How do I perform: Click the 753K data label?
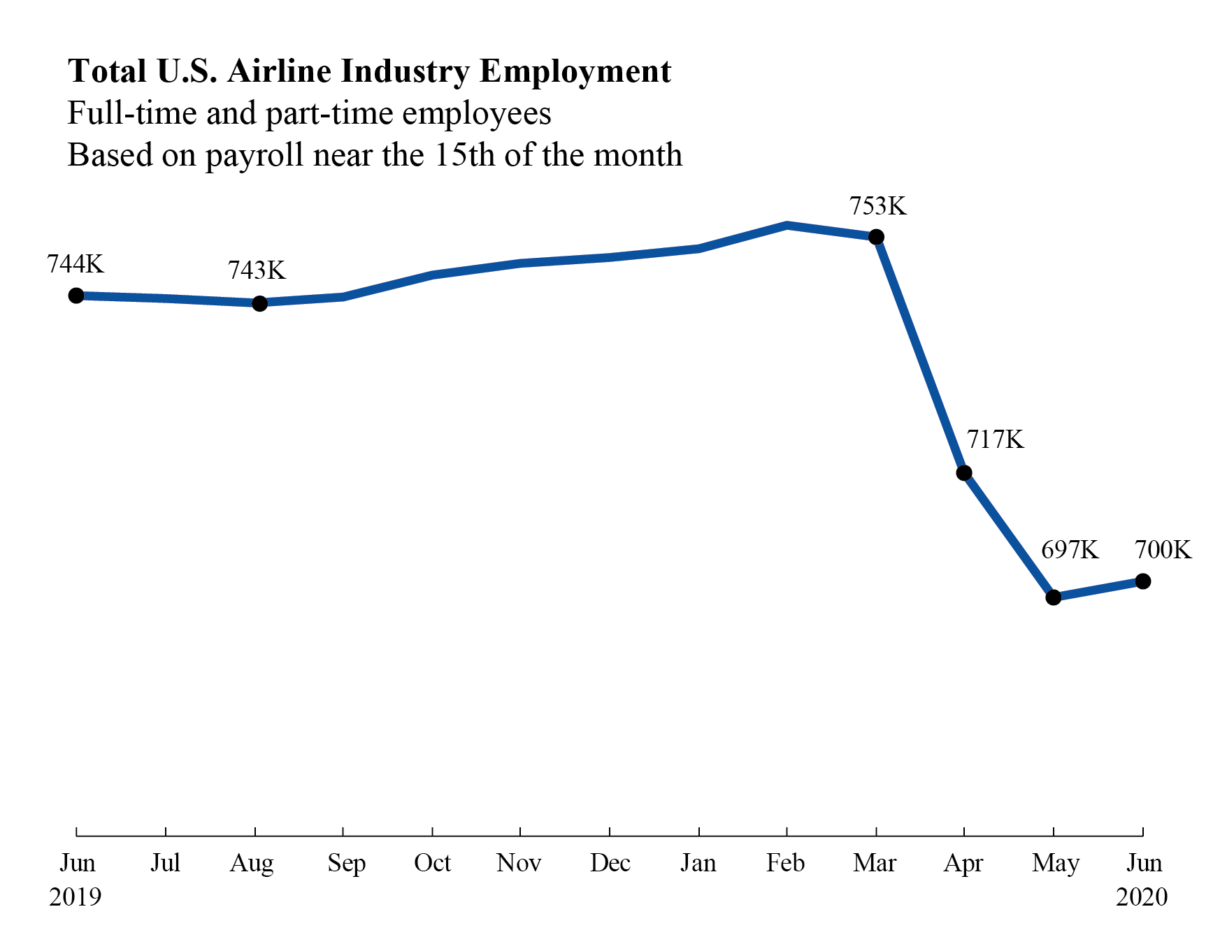877,206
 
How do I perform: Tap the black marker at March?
876,238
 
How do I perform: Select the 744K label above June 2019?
76,264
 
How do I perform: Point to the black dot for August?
259,303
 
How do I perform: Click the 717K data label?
995,440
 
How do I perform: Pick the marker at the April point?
963,473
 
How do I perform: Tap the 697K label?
1070,550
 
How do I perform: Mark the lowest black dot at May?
1053,597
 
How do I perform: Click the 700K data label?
1163,550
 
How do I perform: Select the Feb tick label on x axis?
785,863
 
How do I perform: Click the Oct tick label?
432,863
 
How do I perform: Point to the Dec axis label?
610,863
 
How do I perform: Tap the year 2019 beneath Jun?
76,896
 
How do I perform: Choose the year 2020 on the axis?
1141,896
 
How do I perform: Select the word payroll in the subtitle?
254,155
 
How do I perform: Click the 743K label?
257,270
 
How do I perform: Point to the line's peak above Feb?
787,225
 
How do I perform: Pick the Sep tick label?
346,863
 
